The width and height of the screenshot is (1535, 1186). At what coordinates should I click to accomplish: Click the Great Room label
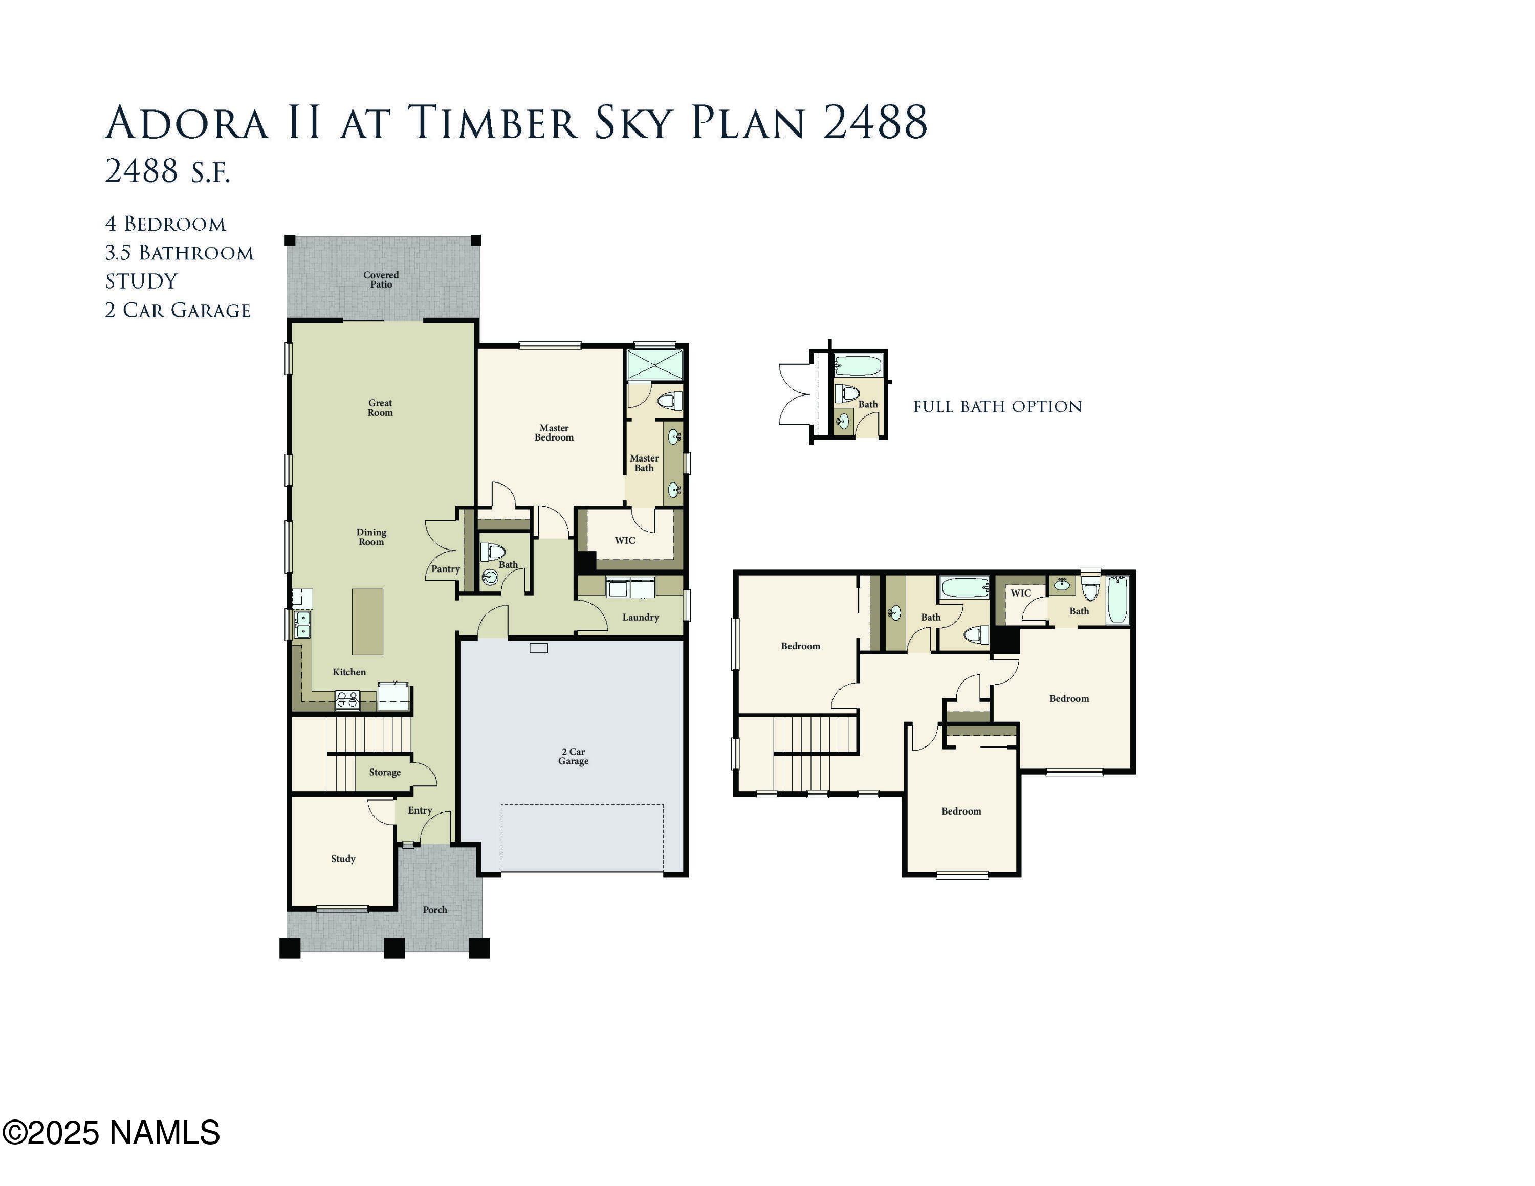380,407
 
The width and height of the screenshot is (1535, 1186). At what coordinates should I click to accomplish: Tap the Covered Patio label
381,280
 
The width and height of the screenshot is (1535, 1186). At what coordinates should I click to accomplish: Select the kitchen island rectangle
367,622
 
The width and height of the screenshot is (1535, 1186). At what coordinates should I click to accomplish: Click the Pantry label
446,569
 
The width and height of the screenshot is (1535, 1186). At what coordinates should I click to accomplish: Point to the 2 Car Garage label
574,756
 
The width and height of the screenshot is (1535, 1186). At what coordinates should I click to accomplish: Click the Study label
343,859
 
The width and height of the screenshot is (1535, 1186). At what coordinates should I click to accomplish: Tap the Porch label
435,909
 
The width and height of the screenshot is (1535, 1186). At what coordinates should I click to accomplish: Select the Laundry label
640,618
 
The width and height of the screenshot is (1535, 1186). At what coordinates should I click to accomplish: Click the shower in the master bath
655,365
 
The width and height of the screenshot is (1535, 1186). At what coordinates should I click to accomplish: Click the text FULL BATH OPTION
997,407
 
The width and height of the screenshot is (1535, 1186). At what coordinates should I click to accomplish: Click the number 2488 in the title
874,123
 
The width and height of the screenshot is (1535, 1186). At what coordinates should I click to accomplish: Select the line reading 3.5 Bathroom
179,253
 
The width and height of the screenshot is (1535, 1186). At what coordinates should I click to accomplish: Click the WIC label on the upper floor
1021,593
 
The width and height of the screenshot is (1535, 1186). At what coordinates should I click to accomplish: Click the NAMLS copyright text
111,1133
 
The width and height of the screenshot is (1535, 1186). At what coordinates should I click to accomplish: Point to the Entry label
420,810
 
